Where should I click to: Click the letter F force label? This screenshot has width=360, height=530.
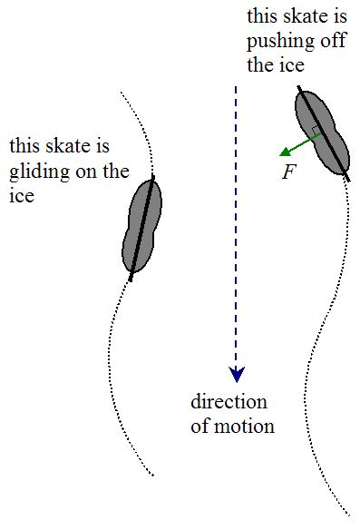pyautogui.click(x=289, y=172)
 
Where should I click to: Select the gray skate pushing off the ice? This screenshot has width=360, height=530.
pyautogui.click(x=322, y=132)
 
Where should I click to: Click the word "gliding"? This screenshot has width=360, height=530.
pyautogui.click(x=36, y=172)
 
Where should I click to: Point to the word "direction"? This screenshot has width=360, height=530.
pyautogui.click(x=229, y=402)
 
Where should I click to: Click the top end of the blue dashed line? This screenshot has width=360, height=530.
pyautogui.click(x=236, y=88)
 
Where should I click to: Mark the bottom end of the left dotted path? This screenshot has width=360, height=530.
pyautogui.click(x=155, y=475)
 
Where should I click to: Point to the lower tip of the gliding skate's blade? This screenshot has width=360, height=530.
pyautogui.click(x=131, y=280)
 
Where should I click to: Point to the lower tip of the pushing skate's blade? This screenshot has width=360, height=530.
pyautogui.click(x=348, y=180)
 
